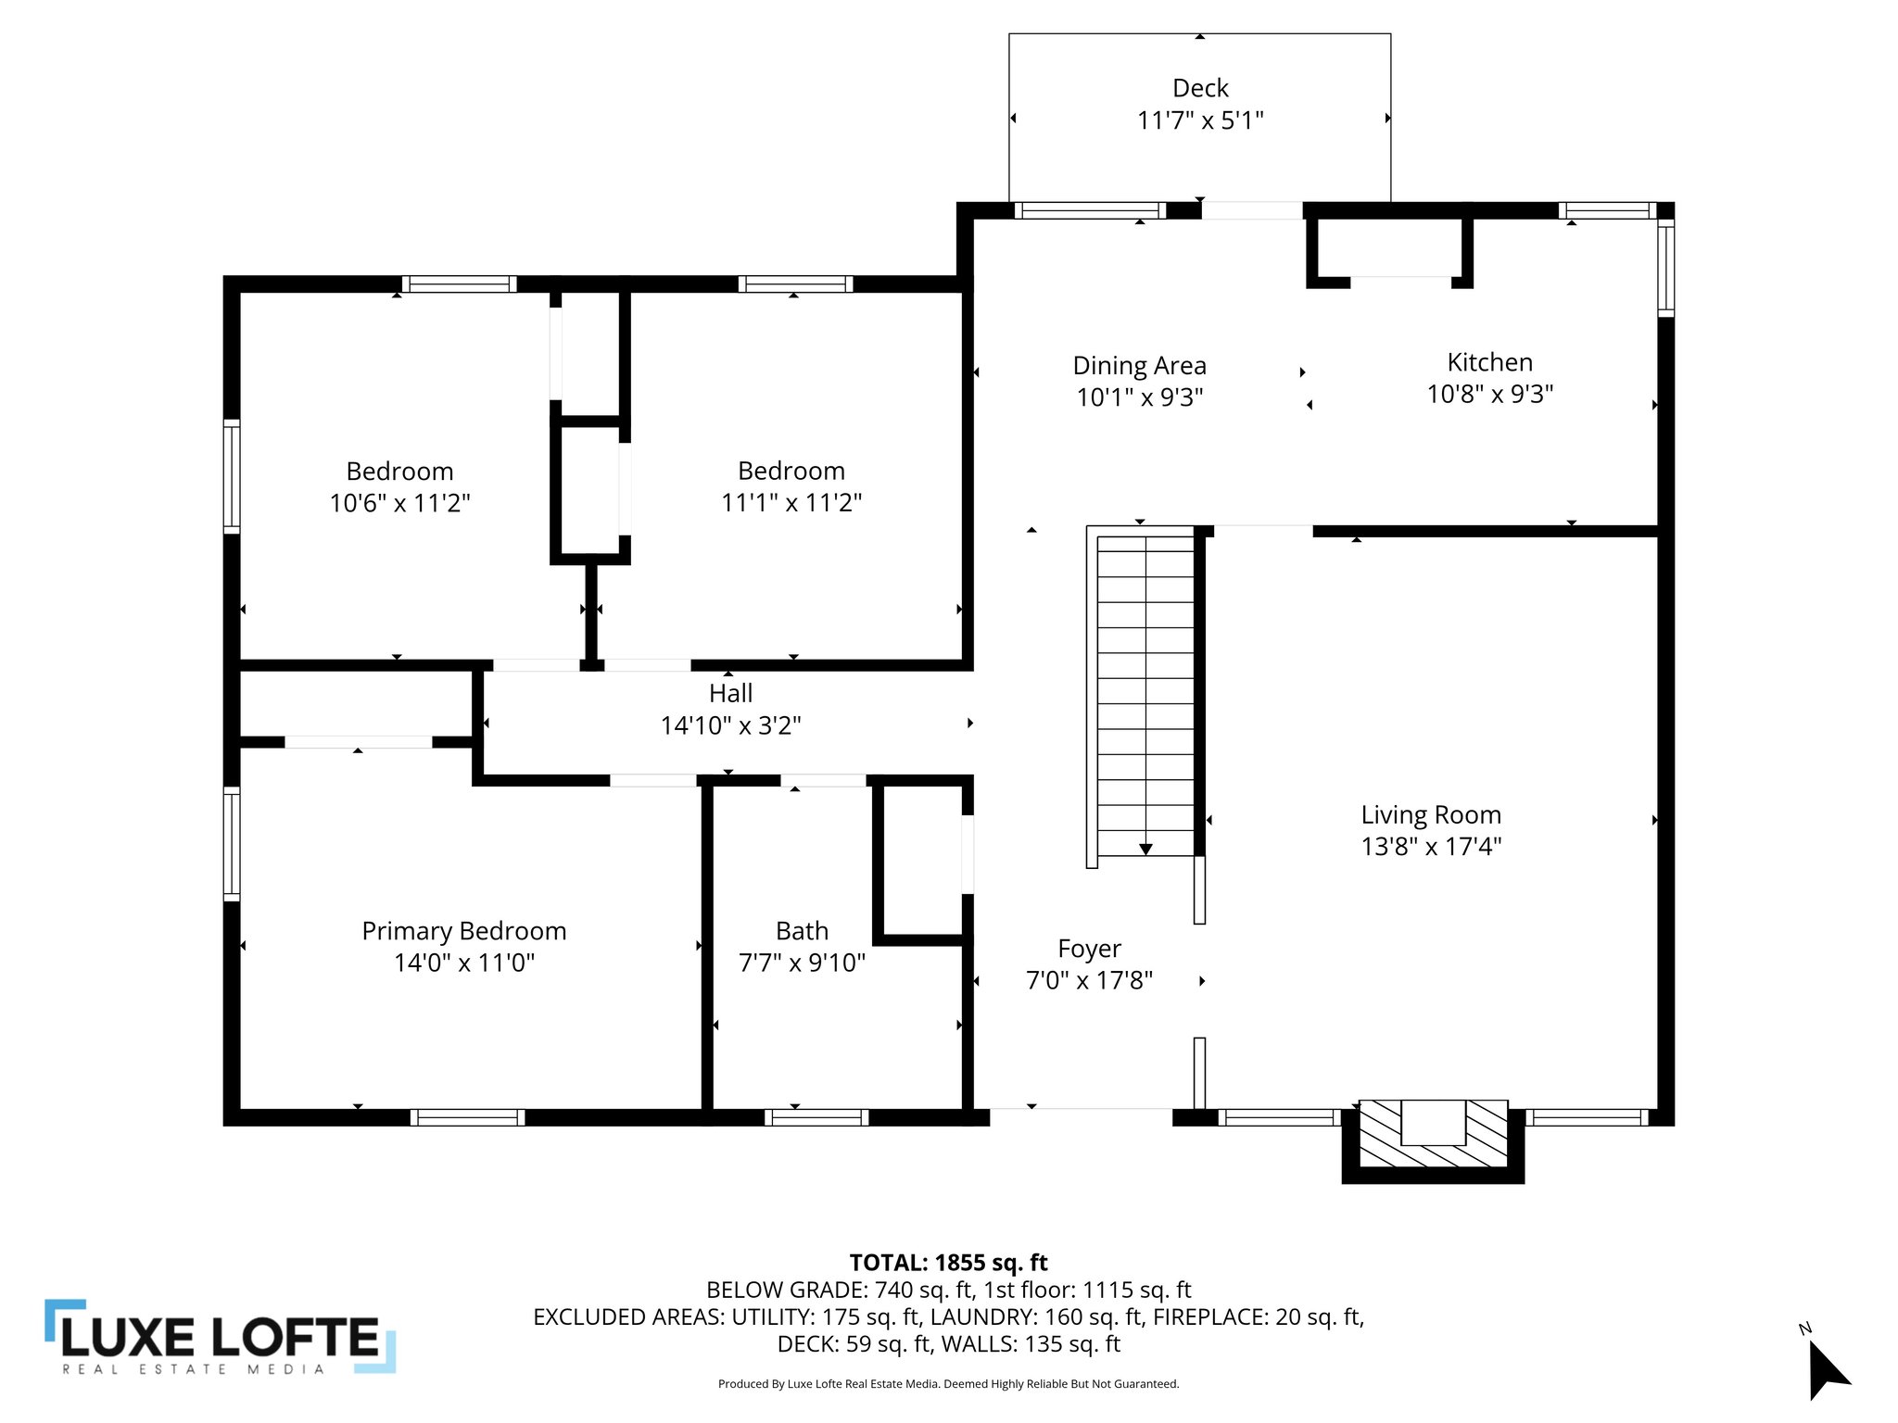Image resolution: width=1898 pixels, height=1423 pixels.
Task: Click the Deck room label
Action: click(1200, 88)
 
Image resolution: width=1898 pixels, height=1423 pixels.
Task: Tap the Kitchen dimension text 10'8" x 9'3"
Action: click(1489, 395)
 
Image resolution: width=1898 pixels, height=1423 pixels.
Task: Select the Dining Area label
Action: click(1139, 366)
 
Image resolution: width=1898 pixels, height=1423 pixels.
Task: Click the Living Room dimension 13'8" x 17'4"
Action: click(1431, 847)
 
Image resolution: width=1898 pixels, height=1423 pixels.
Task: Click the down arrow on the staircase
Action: click(1145, 849)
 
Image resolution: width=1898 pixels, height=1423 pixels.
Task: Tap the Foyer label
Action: click(1089, 949)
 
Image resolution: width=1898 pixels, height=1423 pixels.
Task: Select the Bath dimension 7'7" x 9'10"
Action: click(802, 963)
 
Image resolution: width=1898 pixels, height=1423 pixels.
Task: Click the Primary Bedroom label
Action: click(463, 931)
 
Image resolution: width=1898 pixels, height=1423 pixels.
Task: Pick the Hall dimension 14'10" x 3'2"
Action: click(730, 725)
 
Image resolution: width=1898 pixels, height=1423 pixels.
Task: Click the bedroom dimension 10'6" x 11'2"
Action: click(399, 503)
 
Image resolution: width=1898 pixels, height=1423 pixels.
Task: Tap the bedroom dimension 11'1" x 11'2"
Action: click(791, 502)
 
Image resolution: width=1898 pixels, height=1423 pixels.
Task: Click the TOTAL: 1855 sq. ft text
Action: click(948, 1263)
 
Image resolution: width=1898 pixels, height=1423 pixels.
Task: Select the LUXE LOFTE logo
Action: click(221, 1337)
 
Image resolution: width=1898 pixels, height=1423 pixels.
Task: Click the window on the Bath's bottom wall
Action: click(816, 1117)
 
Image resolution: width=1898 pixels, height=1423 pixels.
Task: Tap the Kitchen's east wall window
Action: click(1665, 268)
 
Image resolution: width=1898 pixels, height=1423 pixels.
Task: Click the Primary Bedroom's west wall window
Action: click(232, 843)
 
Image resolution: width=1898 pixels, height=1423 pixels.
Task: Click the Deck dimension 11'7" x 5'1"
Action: click(1200, 120)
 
